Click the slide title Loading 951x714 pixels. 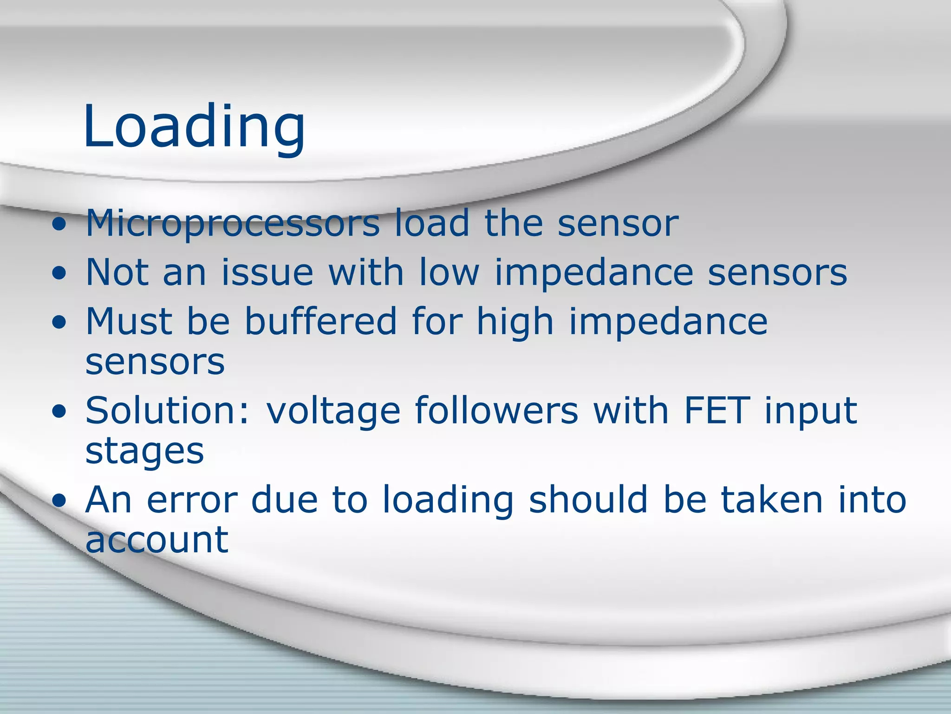point(194,126)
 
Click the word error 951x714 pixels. point(191,500)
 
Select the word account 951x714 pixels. point(157,541)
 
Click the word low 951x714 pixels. point(449,272)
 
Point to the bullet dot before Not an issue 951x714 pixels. point(59,274)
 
